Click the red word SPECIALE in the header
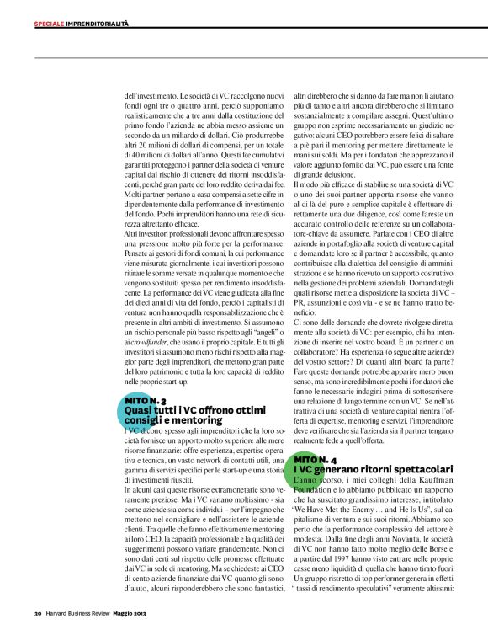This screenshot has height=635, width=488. point(50,24)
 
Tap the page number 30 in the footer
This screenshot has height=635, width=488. point(38,611)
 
